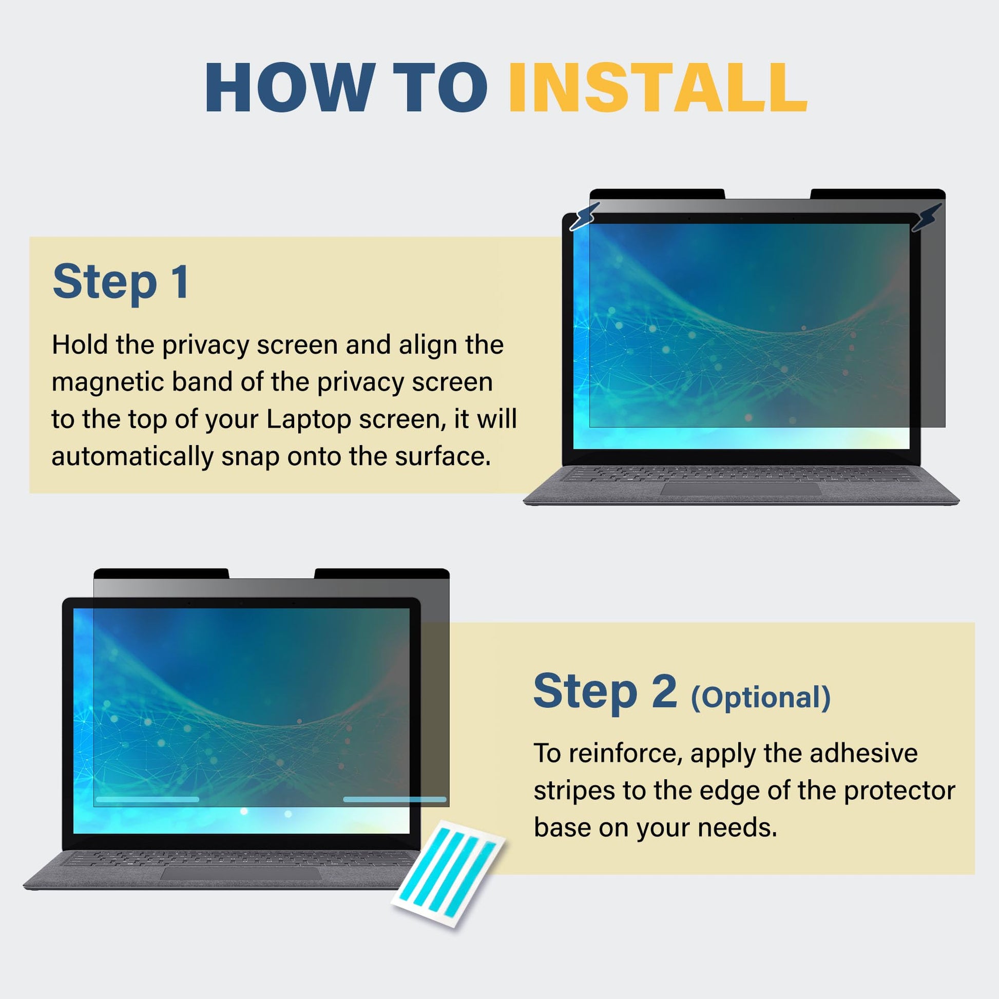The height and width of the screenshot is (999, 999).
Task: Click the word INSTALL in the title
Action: (658, 87)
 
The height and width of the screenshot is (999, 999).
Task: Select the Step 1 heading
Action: (121, 281)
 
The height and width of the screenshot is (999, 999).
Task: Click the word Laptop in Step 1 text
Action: (308, 419)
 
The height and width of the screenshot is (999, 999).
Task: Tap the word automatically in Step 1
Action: (132, 456)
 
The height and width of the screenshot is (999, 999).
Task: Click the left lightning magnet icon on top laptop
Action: (585, 216)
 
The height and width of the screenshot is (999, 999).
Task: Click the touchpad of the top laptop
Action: (740, 489)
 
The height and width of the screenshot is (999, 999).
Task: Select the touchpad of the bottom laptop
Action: (241, 873)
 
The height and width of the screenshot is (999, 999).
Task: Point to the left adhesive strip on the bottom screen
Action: (147, 799)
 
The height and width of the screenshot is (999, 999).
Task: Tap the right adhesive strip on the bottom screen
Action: (395, 799)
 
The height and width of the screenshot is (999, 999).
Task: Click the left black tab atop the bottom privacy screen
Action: (161, 573)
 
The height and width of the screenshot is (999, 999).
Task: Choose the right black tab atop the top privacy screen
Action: (878, 194)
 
